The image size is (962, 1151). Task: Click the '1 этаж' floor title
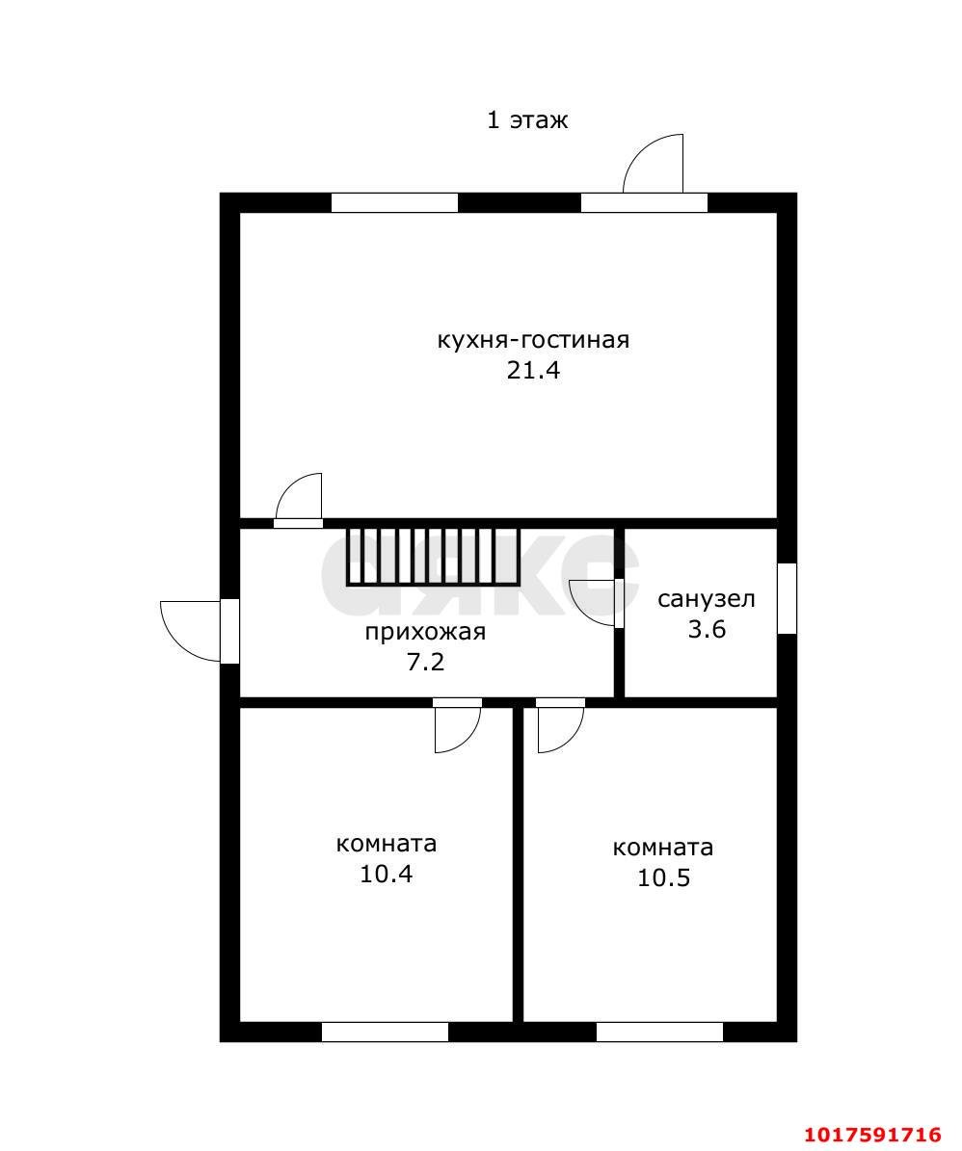pyautogui.click(x=527, y=119)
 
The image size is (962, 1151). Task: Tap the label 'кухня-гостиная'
pyautogui.click(x=533, y=340)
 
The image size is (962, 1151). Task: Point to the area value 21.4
pyautogui.click(x=533, y=370)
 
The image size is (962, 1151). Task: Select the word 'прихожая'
pyautogui.click(x=425, y=632)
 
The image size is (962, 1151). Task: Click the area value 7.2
pyautogui.click(x=425, y=662)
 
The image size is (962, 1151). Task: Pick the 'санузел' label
pyautogui.click(x=706, y=600)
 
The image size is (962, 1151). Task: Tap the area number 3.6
pyautogui.click(x=707, y=629)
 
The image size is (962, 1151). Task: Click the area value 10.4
pyautogui.click(x=387, y=874)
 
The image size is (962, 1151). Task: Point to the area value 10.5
pyautogui.click(x=663, y=877)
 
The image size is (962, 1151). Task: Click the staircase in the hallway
pyautogui.click(x=433, y=557)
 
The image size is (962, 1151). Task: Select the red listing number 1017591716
pyautogui.click(x=872, y=1135)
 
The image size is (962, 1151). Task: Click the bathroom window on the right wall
pyautogui.click(x=787, y=598)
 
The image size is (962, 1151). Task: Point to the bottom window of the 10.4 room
pyautogui.click(x=385, y=1033)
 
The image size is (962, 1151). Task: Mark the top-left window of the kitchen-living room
pyautogui.click(x=394, y=202)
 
